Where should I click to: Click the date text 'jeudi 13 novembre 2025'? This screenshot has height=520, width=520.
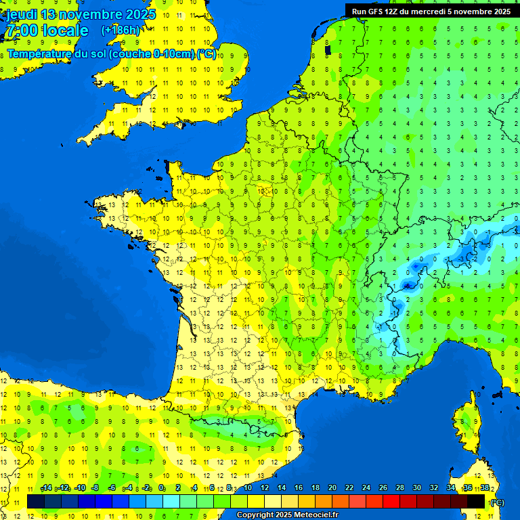tap(81, 14)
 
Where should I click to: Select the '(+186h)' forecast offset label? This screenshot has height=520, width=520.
tap(120, 30)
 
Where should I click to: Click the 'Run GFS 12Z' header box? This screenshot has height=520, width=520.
tap(431, 11)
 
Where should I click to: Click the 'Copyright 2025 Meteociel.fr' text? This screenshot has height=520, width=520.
tap(287, 515)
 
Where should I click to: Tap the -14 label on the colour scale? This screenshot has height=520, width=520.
tap(46, 488)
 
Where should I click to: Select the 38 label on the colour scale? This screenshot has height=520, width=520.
tap(485, 488)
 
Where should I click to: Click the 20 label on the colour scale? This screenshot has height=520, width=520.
tap(332, 488)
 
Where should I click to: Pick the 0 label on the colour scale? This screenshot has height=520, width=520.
tap(161, 488)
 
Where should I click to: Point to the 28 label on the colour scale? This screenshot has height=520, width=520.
tap(399, 488)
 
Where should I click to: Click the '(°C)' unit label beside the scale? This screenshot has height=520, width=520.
tap(497, 502)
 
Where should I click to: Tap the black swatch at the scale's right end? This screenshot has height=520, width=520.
tap(476, 501)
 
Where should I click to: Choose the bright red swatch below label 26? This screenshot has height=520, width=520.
tap(391, 501)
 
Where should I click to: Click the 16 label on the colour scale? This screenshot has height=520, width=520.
tap(298, 488)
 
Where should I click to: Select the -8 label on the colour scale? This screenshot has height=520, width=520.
tap(95, 488)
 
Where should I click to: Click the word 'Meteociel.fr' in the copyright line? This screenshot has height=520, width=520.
tap(316, 515)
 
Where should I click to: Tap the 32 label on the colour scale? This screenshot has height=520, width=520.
tap(433, 488)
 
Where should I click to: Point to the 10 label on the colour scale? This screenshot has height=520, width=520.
tap(247, 488)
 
